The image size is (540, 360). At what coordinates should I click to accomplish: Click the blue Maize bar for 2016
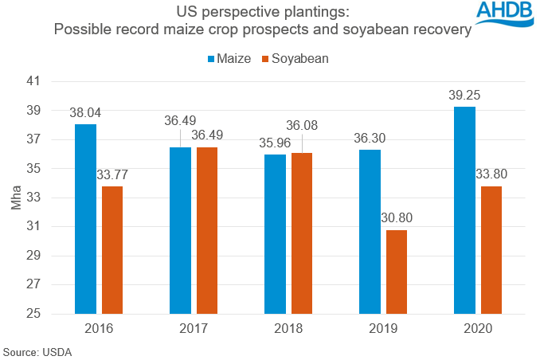tap(85, 219)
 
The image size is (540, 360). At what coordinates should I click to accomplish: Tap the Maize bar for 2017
tap(180, 230)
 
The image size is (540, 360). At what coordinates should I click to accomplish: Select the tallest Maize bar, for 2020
tap(464, 210)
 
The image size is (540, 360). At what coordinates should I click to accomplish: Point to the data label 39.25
tap(464, 95)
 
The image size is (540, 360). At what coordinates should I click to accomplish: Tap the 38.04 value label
tap(85, 112)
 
